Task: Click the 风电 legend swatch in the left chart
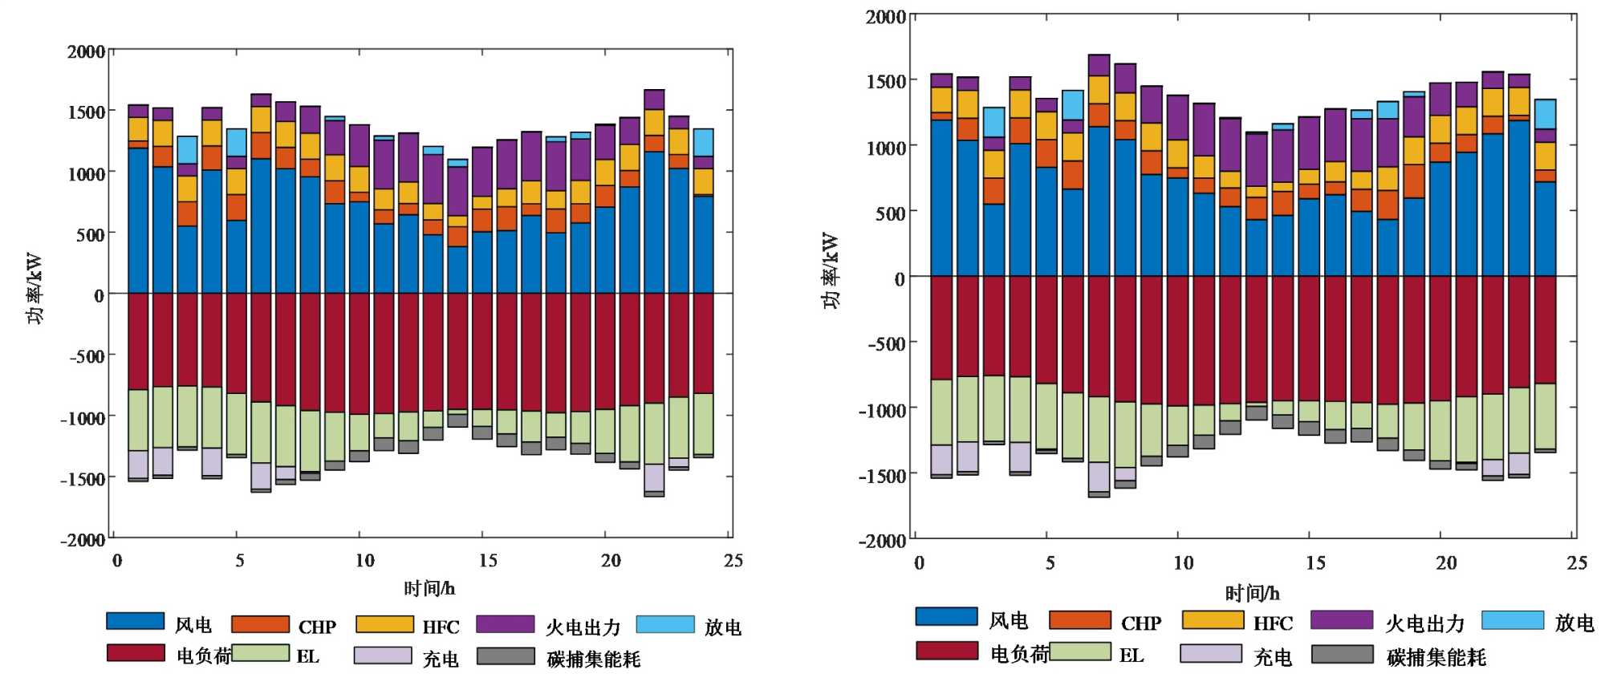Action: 135,621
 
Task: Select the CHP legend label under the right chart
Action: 1140,623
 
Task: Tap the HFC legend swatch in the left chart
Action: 384,624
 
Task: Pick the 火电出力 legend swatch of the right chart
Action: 1342,619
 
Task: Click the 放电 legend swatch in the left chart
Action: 665,624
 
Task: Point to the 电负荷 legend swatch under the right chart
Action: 947,650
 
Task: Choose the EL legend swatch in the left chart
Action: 260,653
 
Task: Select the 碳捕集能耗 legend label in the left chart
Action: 594,659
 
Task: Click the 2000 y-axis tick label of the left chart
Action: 86,52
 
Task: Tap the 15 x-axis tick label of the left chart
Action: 487,560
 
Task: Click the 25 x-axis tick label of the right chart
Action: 1576,562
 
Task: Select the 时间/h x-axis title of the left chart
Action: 429,589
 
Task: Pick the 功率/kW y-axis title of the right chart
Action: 831,270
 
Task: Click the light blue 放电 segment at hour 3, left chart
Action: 187,149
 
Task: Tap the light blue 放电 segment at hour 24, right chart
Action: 1545,113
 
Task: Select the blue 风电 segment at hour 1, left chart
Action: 138,221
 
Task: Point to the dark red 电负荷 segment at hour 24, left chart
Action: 704,343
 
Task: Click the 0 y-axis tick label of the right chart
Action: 900,278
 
